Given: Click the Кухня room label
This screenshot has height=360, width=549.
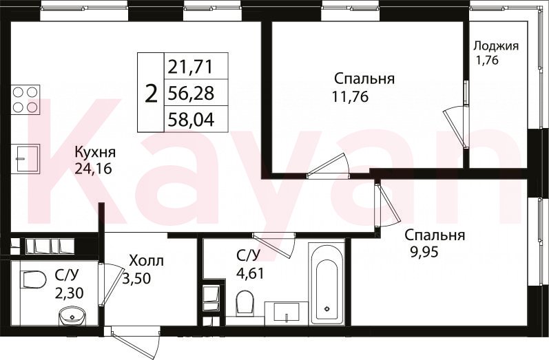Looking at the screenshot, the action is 95,153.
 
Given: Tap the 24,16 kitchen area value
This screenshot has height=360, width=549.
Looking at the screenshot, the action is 93,169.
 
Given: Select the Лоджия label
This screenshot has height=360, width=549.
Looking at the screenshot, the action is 496,46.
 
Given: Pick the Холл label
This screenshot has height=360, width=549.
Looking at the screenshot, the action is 146,261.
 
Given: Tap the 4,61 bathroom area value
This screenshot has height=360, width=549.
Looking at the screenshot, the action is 250,272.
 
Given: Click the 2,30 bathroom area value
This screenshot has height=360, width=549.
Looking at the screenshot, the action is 69,293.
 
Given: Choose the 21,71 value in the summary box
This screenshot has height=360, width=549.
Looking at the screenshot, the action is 191,67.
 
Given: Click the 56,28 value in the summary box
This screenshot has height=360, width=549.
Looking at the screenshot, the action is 191,94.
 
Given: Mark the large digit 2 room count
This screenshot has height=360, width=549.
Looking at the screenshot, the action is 151,94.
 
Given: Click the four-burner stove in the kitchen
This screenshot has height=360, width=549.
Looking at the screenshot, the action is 25,99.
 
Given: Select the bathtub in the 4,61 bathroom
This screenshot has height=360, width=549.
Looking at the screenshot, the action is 327,285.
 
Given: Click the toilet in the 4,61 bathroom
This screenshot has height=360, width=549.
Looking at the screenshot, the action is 245,303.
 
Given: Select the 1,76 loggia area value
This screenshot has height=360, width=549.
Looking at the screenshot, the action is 486,60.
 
